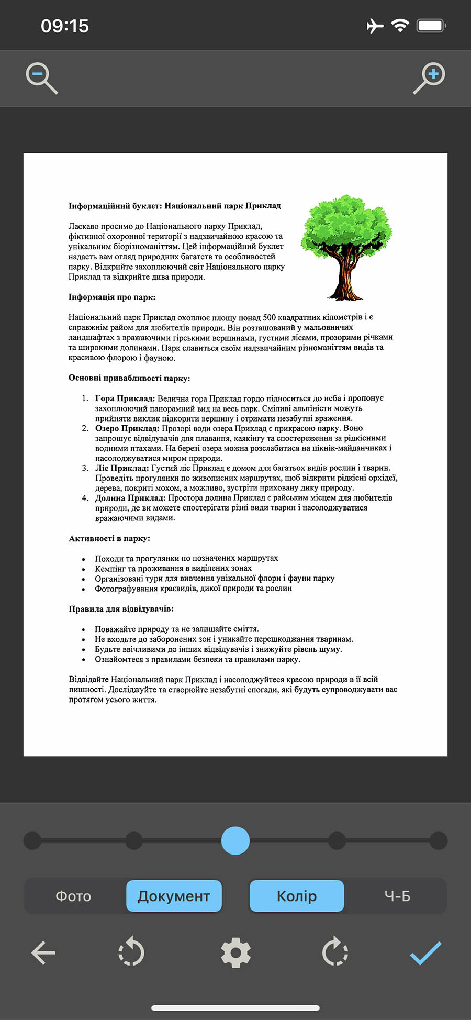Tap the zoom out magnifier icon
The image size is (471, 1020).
click(41, 77)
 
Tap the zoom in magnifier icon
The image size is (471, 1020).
click(430, 77)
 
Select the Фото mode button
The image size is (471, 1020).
click(73, 896)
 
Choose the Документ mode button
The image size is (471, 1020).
click(174, 896)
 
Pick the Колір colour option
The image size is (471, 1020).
click(297, 896)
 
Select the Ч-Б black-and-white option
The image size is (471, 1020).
click(397, 896)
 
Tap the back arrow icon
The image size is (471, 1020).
click(43, 952)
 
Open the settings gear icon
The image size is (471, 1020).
click(235, 952)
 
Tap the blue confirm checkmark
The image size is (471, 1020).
click(425, 952)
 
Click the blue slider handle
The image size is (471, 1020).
click(235, 840)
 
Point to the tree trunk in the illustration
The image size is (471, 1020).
click(345, 275)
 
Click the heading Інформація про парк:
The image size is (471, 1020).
click(112, 297)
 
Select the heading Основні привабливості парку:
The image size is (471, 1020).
click(129, 378)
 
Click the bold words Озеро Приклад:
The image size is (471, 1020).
click(127, 428)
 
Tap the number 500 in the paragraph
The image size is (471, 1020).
click(269, 317)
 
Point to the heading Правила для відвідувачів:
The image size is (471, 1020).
click(121, 609)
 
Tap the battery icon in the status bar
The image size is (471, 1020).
click(431, 26)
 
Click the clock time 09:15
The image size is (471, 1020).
click(65, 26)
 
